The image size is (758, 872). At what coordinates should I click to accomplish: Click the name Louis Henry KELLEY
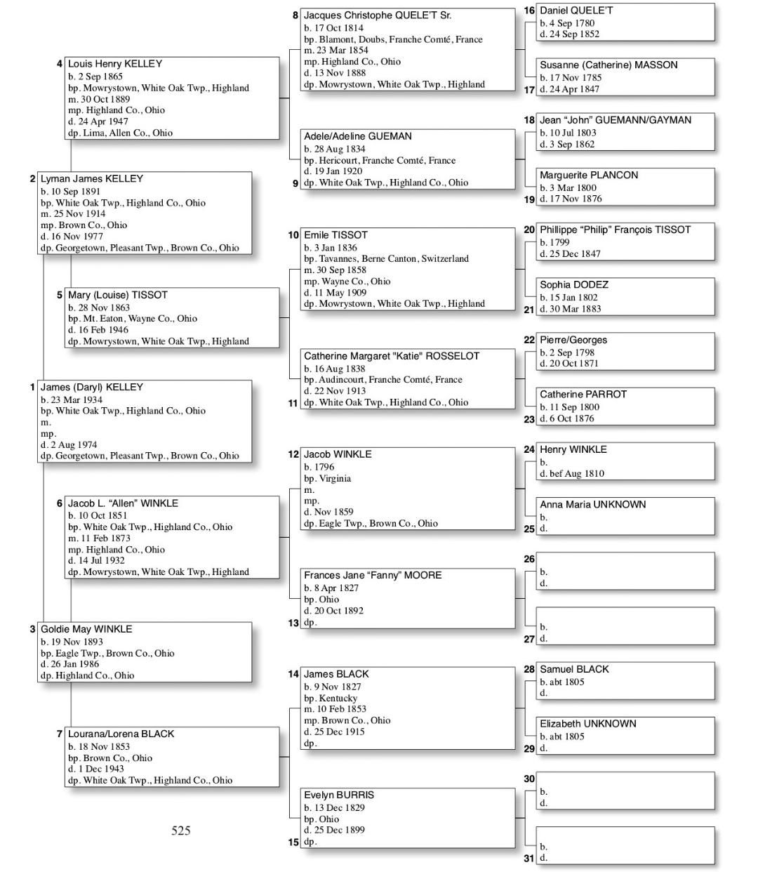[x=114, y=64]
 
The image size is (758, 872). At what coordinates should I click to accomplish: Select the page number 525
[x=181, y=831]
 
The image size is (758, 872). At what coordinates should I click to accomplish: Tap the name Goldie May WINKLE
[x=86, y=629]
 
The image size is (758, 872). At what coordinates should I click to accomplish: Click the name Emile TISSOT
[x=335, y=235]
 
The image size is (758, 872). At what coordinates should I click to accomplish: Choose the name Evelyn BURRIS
[x=338, y=795]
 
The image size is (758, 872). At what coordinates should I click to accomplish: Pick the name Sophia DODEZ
[x=573, y=285]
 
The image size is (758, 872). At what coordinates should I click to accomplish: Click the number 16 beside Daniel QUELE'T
[x=529, y=11]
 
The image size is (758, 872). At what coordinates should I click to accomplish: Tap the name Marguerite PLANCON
[x=588, y=175]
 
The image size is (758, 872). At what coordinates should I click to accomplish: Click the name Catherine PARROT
[x=583, y=395]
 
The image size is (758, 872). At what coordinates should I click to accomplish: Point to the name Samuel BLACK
[x=573, y=669]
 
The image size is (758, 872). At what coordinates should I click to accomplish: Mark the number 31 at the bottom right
[x=529, y=858]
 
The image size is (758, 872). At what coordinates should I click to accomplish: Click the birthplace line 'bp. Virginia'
[x=327, y=478]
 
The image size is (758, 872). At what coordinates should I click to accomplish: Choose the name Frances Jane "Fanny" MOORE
[x=372, y=575]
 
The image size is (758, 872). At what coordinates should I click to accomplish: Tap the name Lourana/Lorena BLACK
[x=121, y=734]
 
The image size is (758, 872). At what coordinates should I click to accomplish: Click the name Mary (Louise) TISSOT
[x=117, y=295]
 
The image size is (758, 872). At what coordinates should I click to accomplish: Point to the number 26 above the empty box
[x=529, y=560]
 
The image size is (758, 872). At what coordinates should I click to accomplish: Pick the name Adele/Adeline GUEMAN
[x=357, y=136]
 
